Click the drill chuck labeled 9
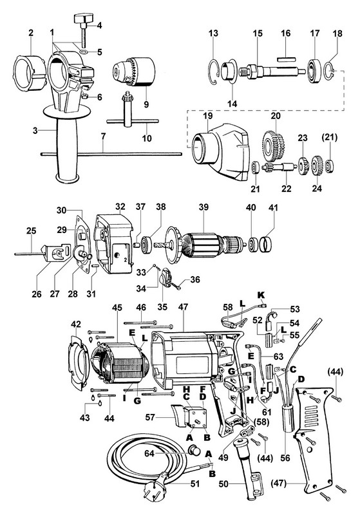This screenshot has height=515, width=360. click(x=133, y=71)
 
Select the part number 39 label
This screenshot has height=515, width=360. click(x=204, y=207)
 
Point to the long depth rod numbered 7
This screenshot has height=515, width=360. click(x=111, y=153)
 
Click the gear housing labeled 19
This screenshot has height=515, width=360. click(x=221, y=152)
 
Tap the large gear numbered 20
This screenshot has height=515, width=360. click(x=274, y=144)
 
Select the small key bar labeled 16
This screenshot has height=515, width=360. click(x=287, y=59)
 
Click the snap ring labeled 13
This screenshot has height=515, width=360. click(x=214, y=72)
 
